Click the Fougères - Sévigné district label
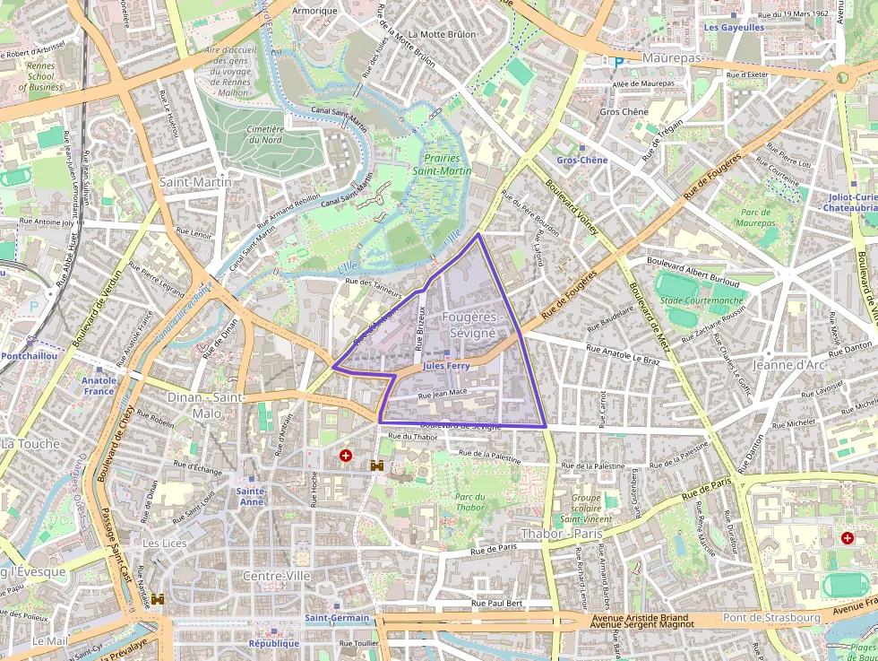tap(472, 325)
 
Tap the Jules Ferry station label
tap(445, 366)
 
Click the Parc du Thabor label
tap(469, 502)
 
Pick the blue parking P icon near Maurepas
tap(616, 62)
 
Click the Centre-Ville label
tap(277, 575)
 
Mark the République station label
tap(274, 643)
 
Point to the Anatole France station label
tap(99, 385)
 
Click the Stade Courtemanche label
tap(701, 300)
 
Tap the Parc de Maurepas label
tap(756, 217)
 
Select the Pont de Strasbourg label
tap(771, 617)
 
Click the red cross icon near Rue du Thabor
tap(346, 457)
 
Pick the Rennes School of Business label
tap(40, 76)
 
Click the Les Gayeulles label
tap(734, 28)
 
